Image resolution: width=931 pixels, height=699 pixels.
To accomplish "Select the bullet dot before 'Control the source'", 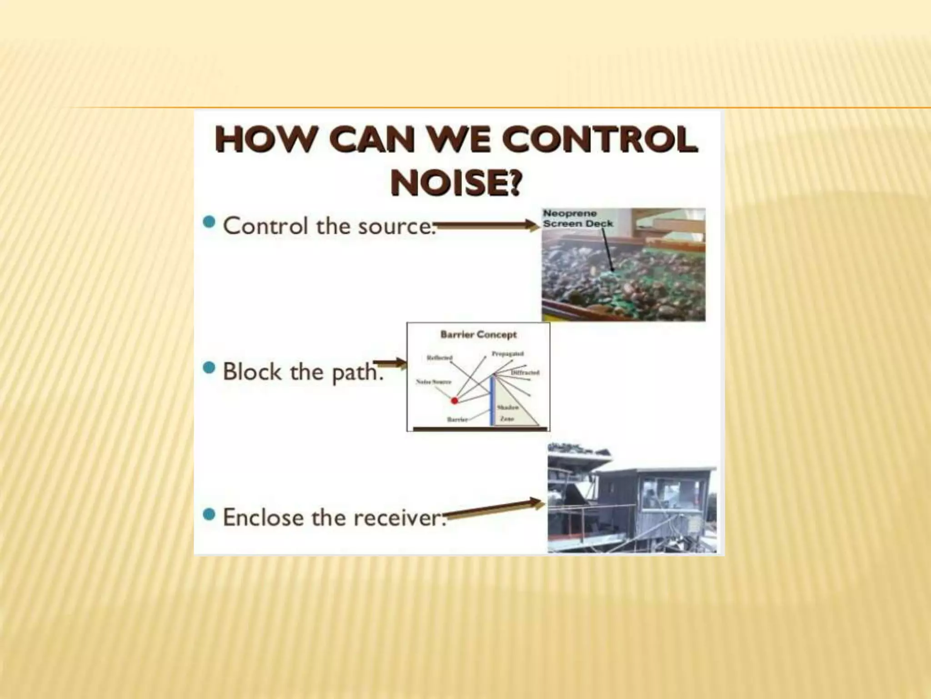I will (209, 223).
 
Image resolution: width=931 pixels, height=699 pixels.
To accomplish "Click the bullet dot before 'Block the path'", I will (209, 368).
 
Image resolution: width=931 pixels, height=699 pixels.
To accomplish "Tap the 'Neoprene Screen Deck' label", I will (577, 218).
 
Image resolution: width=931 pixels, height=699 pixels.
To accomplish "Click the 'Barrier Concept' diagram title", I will (478, 335).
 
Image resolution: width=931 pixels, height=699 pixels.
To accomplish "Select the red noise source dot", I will (454, 401).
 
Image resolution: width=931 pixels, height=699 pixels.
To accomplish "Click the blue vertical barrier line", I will (491, 400).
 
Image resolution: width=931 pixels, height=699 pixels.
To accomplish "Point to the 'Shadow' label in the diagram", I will (507, 407).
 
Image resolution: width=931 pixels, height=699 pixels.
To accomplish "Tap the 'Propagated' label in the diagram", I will (507, 354).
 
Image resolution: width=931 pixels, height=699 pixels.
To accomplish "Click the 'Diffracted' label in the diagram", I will (525, 372).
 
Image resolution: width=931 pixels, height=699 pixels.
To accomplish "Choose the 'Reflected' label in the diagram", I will (439, 358).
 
